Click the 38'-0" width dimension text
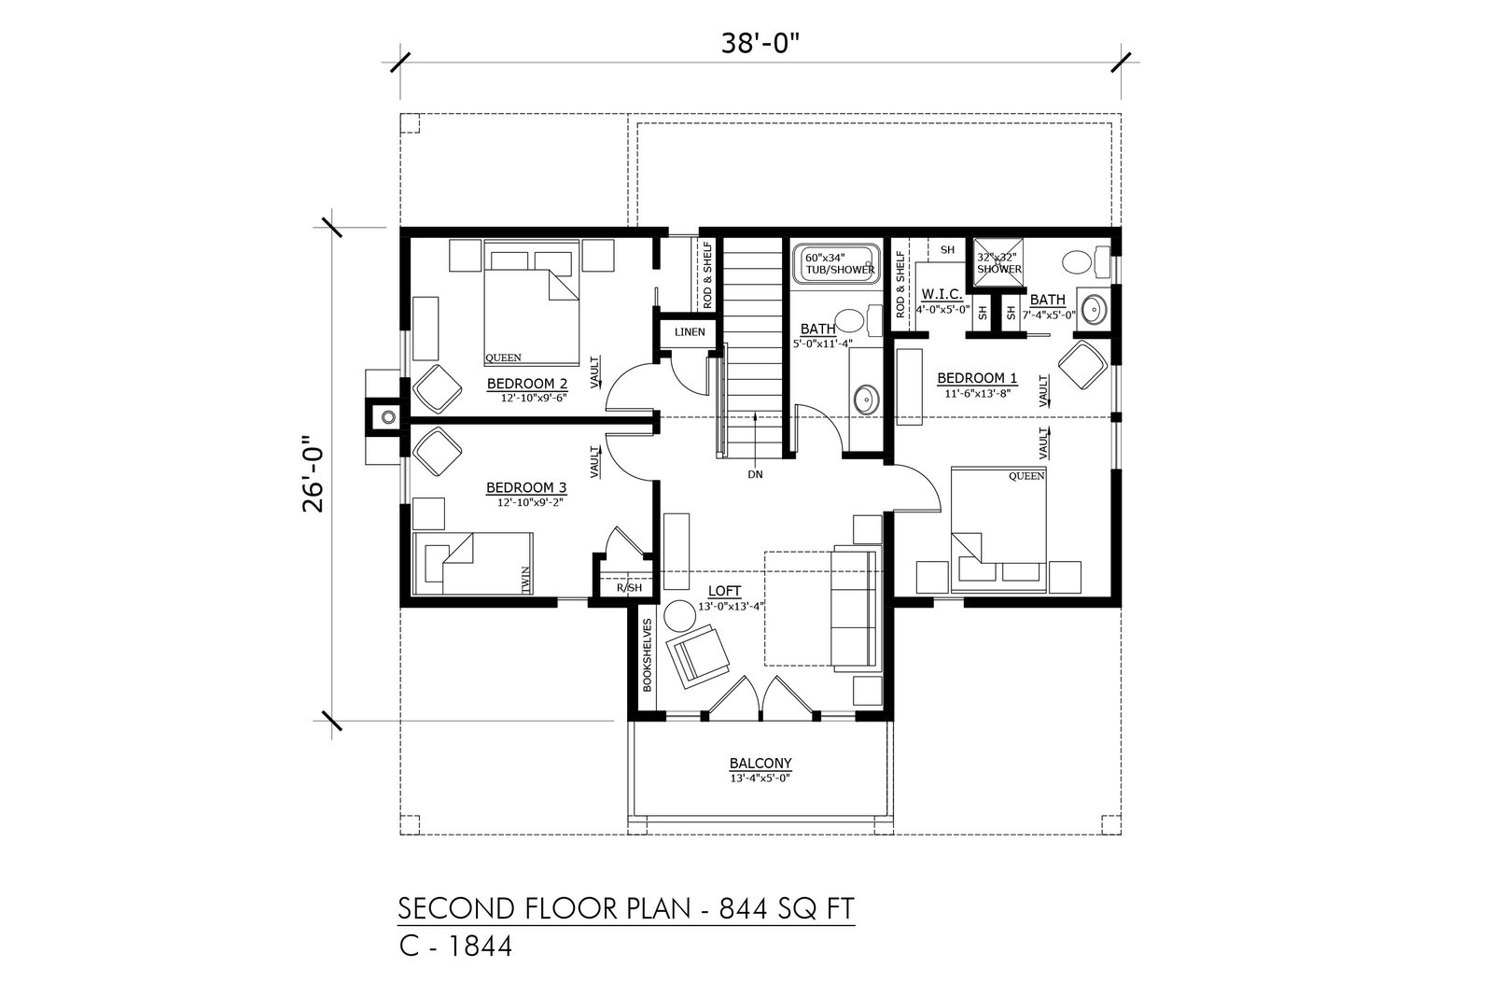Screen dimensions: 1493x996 point(760,43)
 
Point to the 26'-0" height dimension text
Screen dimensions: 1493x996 point(313,474)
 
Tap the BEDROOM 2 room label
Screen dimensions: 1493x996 point(527,384)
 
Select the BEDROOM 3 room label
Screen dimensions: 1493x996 point(526,487)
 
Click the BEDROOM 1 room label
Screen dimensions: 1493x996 point(977,378)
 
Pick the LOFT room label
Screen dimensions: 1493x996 point(724,591)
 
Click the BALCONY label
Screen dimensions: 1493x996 point(760,763)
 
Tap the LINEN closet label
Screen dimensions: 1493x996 point(690,332)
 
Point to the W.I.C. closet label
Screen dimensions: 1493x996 point(942,294)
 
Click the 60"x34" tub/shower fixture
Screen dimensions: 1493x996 point(835,264)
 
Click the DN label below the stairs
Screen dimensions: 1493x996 point(755,475)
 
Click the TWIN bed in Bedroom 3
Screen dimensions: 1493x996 point(473,563)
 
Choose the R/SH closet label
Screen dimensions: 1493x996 point(629,587)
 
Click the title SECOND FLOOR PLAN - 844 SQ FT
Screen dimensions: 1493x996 point(626,908)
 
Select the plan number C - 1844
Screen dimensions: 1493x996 point(456,946)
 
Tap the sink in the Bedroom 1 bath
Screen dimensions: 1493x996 point(1095,309)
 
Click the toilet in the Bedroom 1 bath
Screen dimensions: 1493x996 point(1085,262)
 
